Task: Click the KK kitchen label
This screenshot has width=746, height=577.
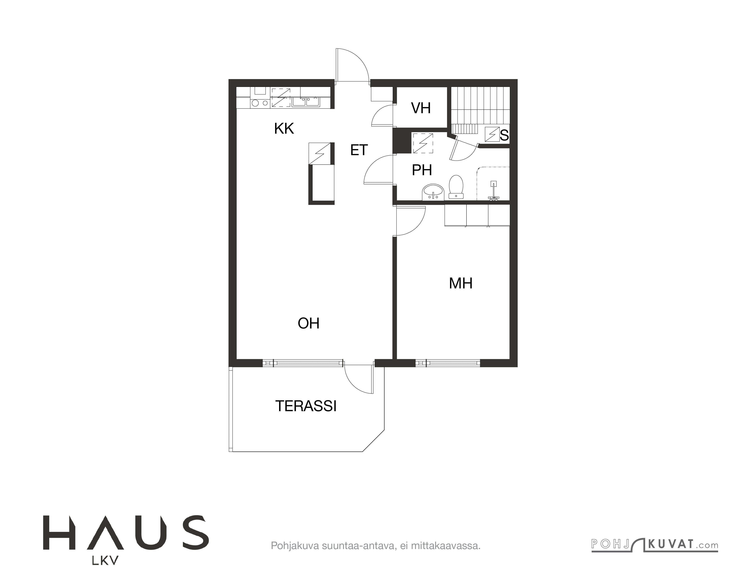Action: [x=284, y=129]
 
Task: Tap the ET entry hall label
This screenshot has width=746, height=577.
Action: [x=359, y=150]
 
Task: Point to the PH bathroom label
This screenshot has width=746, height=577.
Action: [x=422, y=170]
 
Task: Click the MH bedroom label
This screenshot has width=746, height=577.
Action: [x=461, y=283]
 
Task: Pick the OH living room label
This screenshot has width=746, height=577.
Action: [x=309, y=323]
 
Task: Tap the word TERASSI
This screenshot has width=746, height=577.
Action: [x=306, y=406]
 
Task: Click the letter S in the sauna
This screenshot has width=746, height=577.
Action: [x=504, y=136]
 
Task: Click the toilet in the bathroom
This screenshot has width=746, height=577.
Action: [x=456, y=187]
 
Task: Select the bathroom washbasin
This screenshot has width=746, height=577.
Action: [x=433, y=192]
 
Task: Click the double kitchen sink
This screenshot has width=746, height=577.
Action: [x=306, y=101]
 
